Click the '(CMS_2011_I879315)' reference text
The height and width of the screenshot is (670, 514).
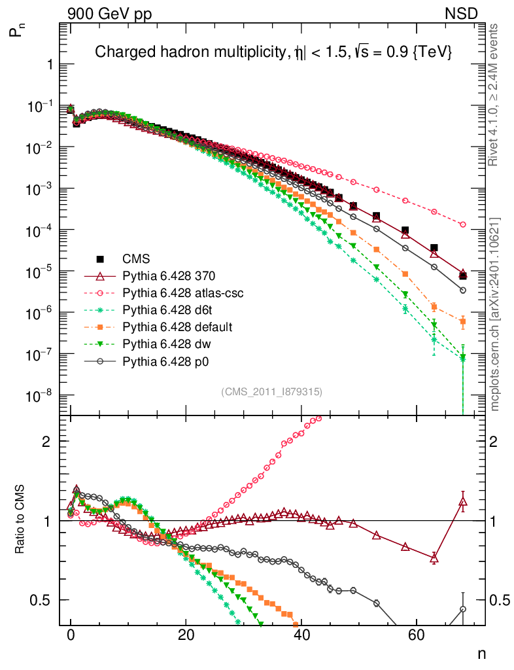272,392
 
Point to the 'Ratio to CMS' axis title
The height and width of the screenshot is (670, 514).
20,521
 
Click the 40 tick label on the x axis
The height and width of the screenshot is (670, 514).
301,635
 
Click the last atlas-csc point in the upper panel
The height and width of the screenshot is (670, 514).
463,224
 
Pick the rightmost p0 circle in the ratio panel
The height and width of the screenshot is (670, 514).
463,609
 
